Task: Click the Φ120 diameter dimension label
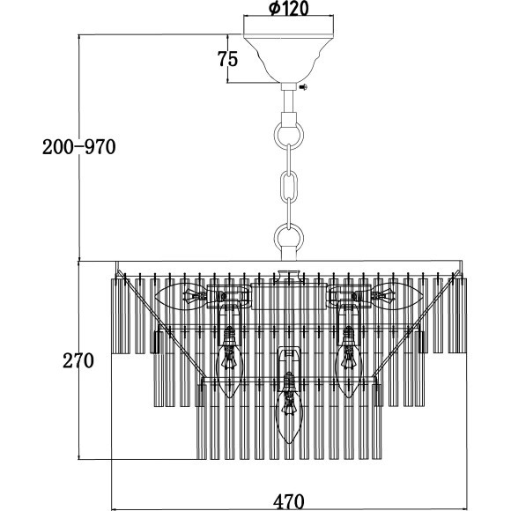[x=289, y=9]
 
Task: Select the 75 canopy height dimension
[x=228, y=59]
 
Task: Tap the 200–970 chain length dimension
[x=79, y=147]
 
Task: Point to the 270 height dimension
[x=78, y=360]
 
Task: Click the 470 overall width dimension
[x=289, y=502]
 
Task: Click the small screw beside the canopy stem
[x=303, y=87]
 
